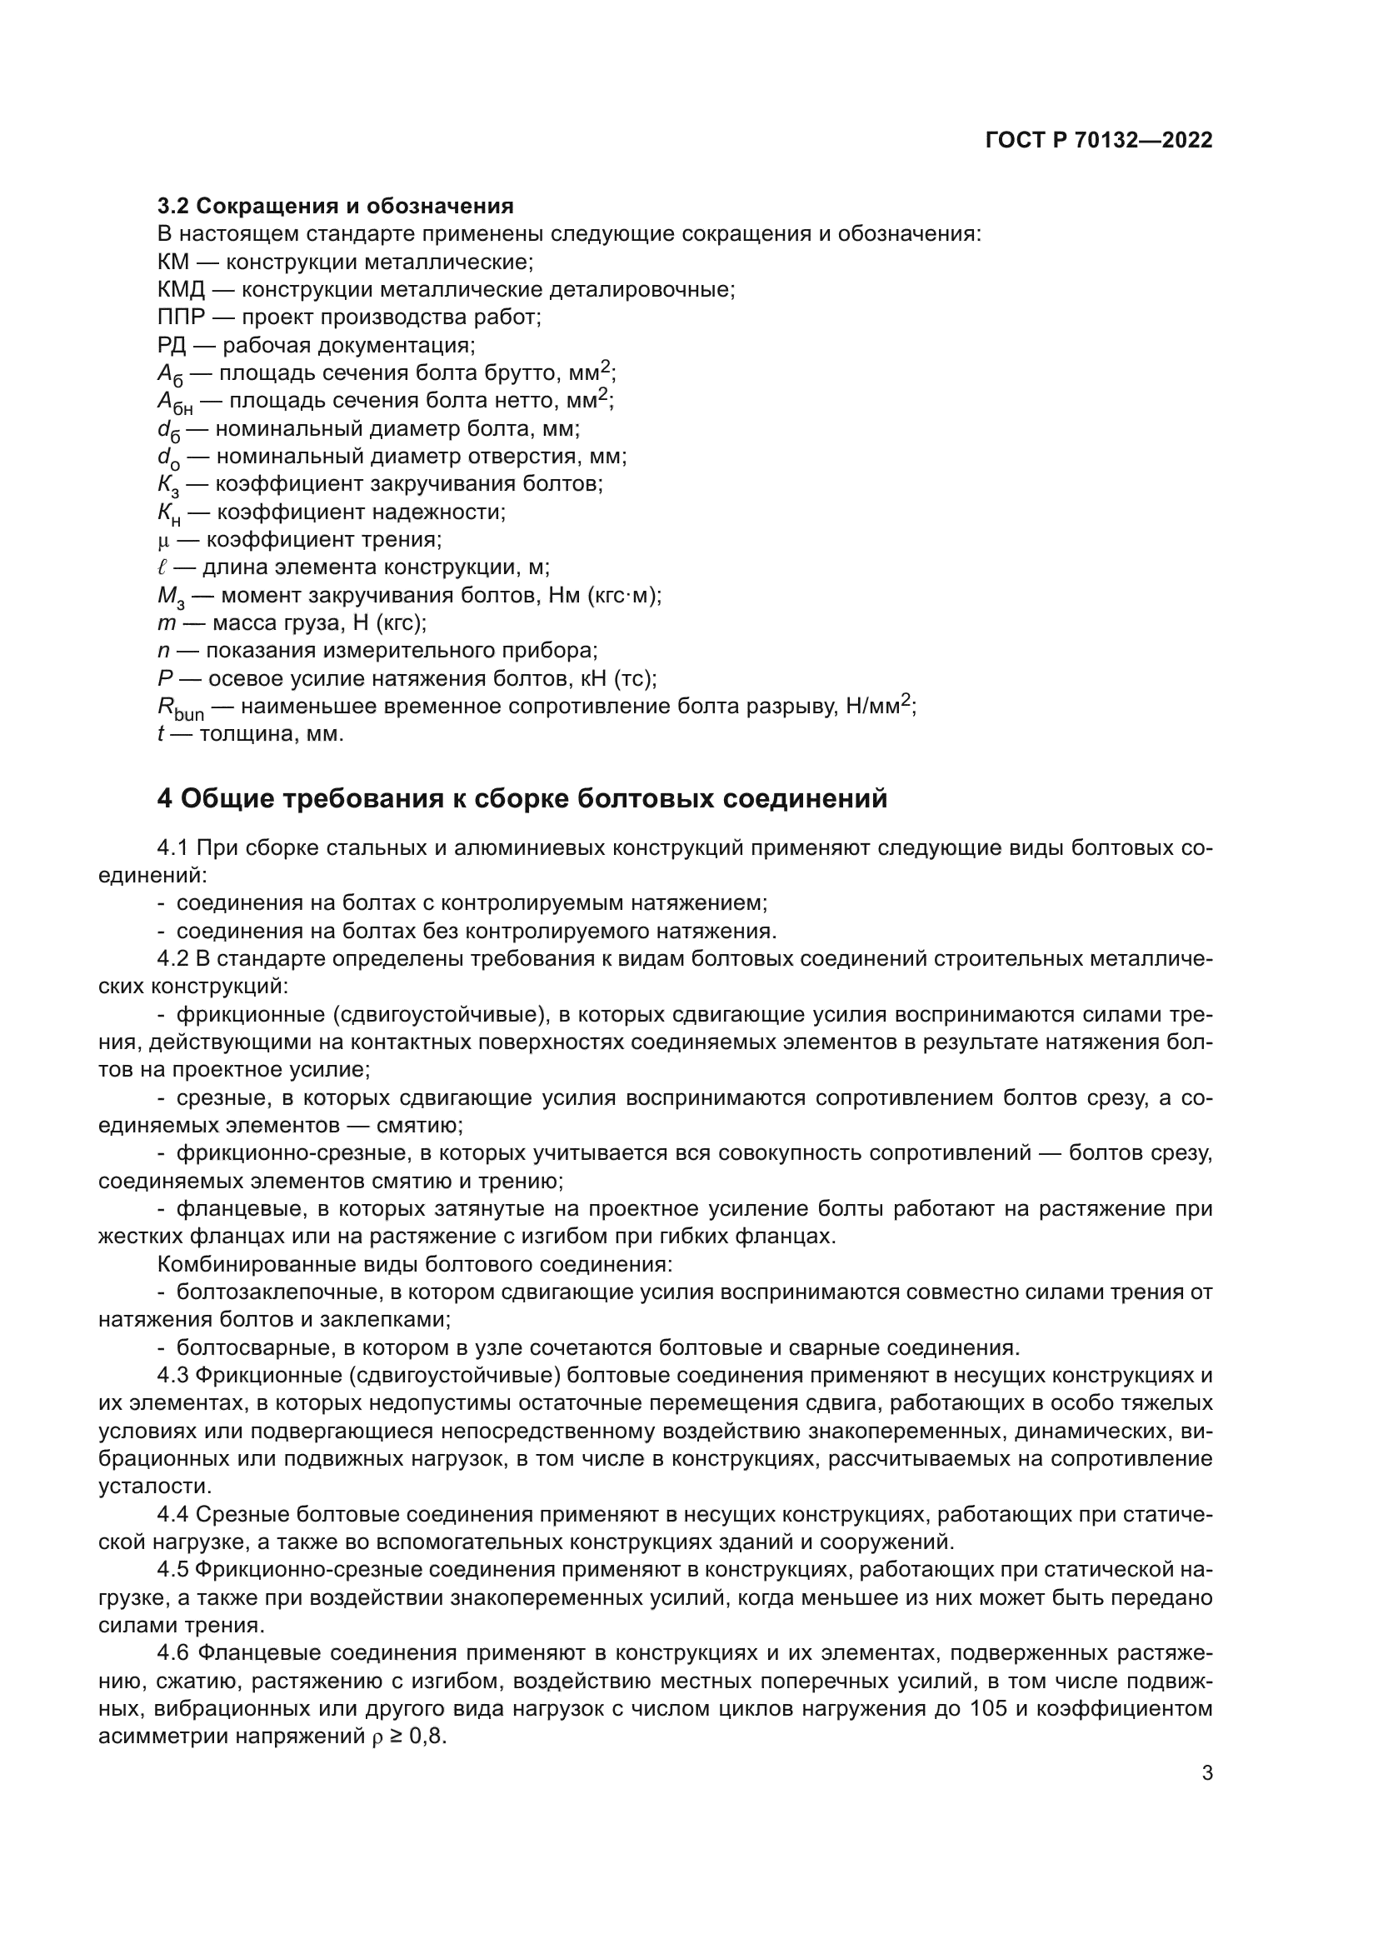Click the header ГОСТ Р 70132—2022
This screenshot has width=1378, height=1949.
click(1099, 141)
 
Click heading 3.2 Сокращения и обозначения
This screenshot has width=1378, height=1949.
click(335, 207)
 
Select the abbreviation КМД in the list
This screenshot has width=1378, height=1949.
click(181, 289)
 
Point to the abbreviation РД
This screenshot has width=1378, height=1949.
click(172, 346)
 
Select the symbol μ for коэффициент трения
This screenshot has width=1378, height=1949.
click(164, 541)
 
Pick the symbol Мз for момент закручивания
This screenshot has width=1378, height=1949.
click(170, 597)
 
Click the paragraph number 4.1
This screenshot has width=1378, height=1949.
click(173, 848)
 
